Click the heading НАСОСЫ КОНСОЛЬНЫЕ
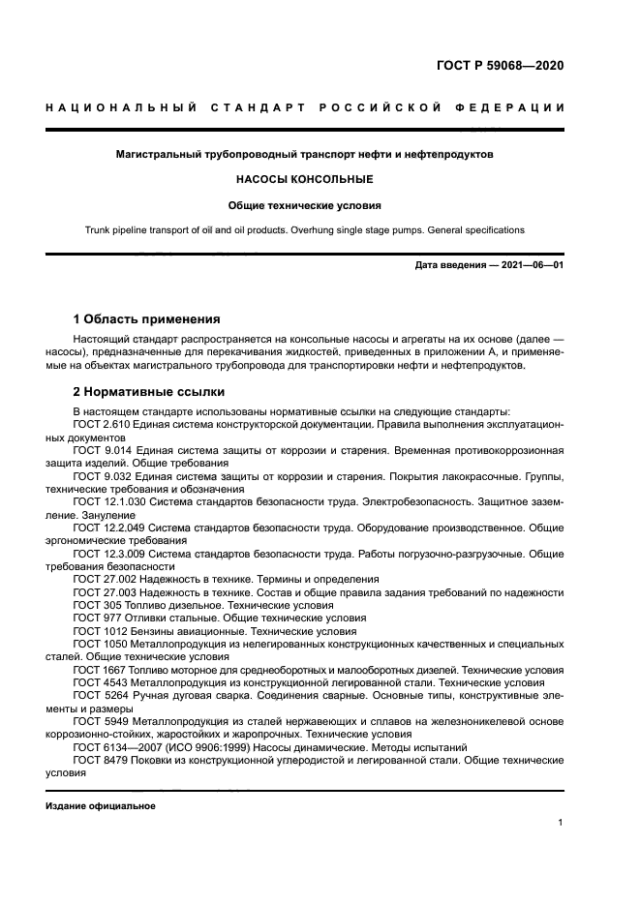click(x=305, y=179)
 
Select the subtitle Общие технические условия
click(x=305, y=205)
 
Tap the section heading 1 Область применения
click(x=147, y=318)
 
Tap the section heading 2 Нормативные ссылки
click(x=149, y=392)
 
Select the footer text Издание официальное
click(x=101, y=805)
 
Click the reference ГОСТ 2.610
click(x=102, y=425)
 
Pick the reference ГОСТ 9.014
click(x=102, y=451)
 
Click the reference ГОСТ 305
click(x=98, y=604)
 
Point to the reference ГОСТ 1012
click(x=101, y=630)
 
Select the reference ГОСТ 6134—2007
click(x=119, y=747)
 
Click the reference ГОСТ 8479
click(x=101, y=761)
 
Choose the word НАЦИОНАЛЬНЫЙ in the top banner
click(x=121, y=106)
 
